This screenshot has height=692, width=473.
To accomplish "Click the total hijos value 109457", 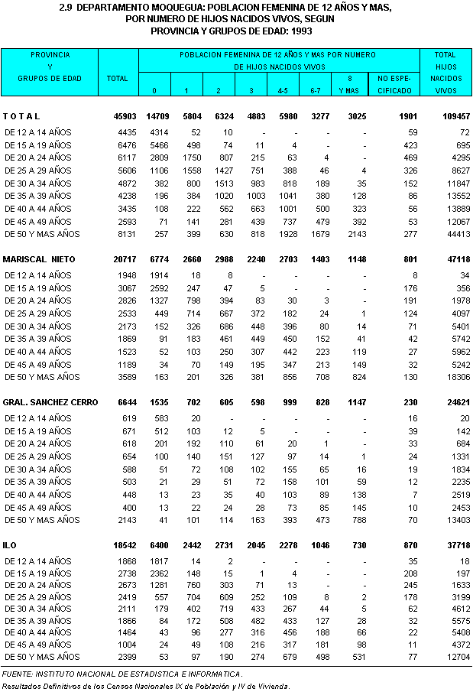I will [449, 116].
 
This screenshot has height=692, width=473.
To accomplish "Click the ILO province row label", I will [10, 546].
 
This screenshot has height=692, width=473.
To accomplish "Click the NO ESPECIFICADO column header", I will [394, 84].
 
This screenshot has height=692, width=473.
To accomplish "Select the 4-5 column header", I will [282, 90].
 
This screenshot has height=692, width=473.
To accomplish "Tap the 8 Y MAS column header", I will [349, 84].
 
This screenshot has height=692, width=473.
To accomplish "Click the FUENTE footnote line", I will [122, 674].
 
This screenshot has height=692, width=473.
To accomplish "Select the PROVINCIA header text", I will [50, 55].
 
